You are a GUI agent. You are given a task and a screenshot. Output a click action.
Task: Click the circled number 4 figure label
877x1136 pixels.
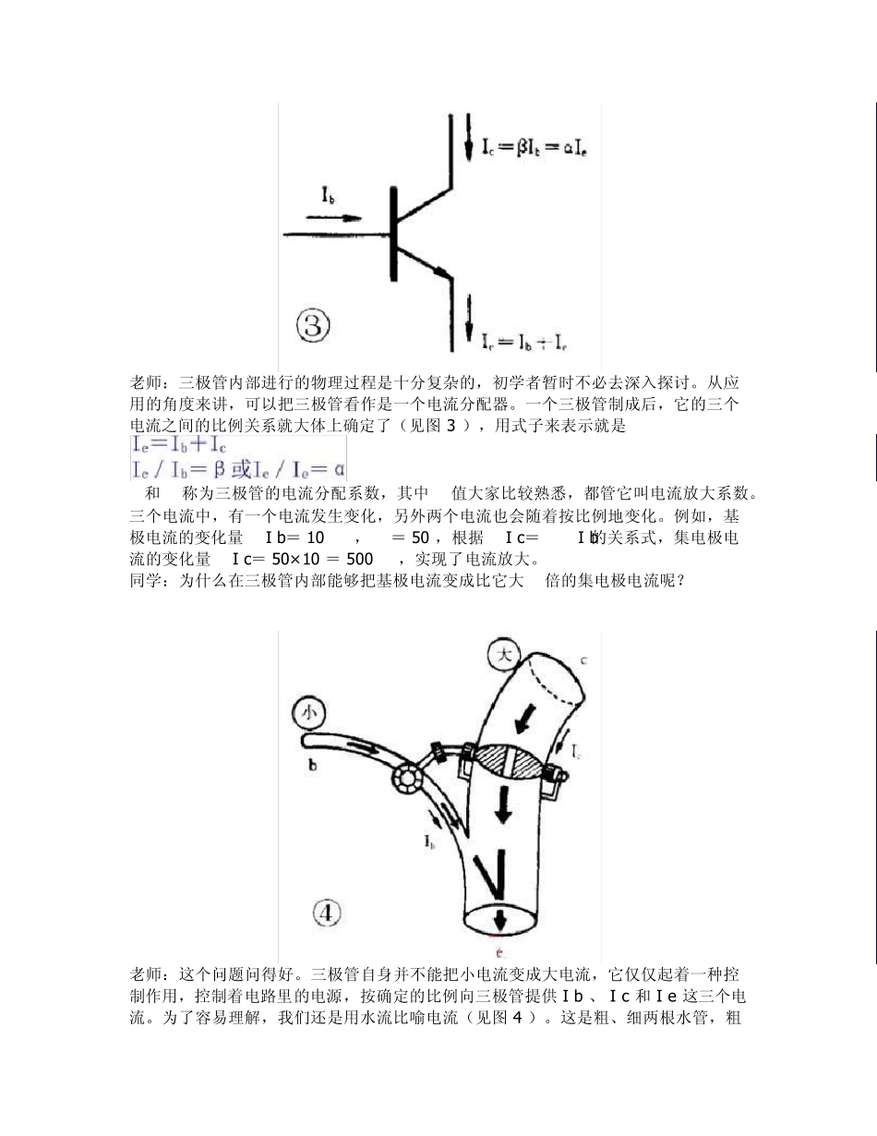pyautogui.click(x=328, y=913)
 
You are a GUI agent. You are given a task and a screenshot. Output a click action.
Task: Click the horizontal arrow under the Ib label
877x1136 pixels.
pyautogui.click(x=332, y=219)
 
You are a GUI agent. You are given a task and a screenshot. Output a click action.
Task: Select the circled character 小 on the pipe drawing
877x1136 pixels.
pyautogui.click(x=309, y=712)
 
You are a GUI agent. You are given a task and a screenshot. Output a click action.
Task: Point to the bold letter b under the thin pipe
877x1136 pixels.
pyautogui.click(x=311, y=766)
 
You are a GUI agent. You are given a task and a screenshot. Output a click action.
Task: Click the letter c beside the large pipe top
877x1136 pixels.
pyautogui.click(x=584, y=659)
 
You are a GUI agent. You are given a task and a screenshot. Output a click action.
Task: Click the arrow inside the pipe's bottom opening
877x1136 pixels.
pyautogui.click(x=499, y=920)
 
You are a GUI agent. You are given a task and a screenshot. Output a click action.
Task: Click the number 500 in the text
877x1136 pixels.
pyautogui.click(x=360, y=559)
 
